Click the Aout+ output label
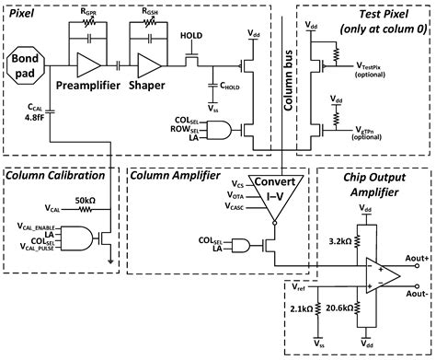[x=419, y=261]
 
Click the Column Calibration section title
[x=56, y=175]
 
